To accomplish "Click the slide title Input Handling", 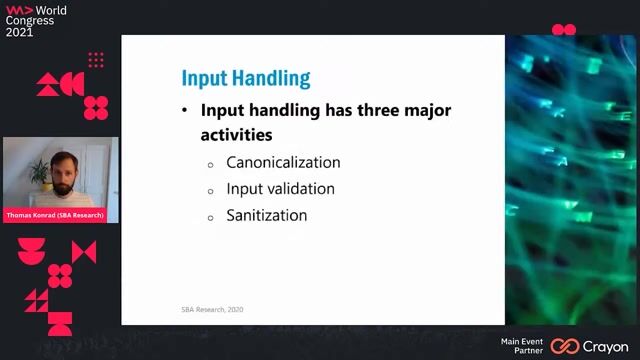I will pos(245,78).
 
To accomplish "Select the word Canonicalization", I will pos(283,162).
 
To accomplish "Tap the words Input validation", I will pos(280,188).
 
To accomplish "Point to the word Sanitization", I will pos(266,215).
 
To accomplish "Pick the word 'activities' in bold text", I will pos(237,133).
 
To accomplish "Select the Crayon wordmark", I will pos(606,347).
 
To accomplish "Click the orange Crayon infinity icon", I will pos(565,346).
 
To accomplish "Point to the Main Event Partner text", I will pos(522,346).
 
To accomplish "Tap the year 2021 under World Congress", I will pos(19,32).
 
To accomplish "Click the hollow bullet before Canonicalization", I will pos(211,164).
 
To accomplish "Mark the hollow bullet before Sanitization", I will pos(211,217).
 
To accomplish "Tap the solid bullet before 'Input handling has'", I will pos(185,111).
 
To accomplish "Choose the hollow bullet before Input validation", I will pos(211,190).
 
